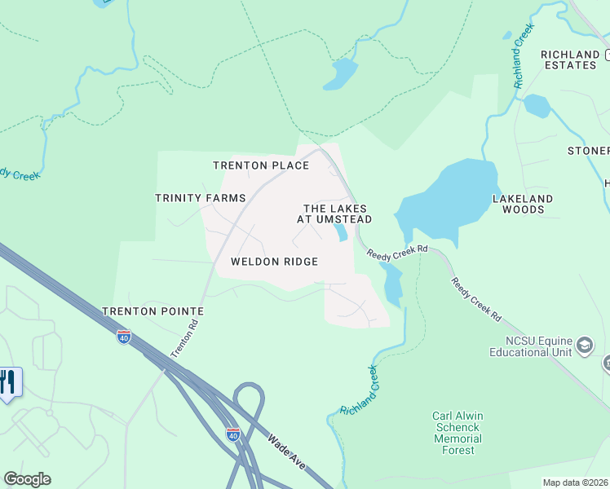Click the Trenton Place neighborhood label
click(261, 165)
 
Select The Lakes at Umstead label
click(338, 214)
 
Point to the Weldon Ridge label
click(274, 262)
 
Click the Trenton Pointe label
click(152, 311)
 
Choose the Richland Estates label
click(569, 59)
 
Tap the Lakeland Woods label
click(523, 204)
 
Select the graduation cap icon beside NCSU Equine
click(584, 346)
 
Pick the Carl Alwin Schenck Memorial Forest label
click(457, 433)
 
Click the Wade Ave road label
click(286, 451)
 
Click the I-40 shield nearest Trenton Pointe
click(124, 337)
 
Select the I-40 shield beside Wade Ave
click(233, 434)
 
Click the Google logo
click(27, 479)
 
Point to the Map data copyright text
click(576, 482)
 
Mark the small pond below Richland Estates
click(536, 106)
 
